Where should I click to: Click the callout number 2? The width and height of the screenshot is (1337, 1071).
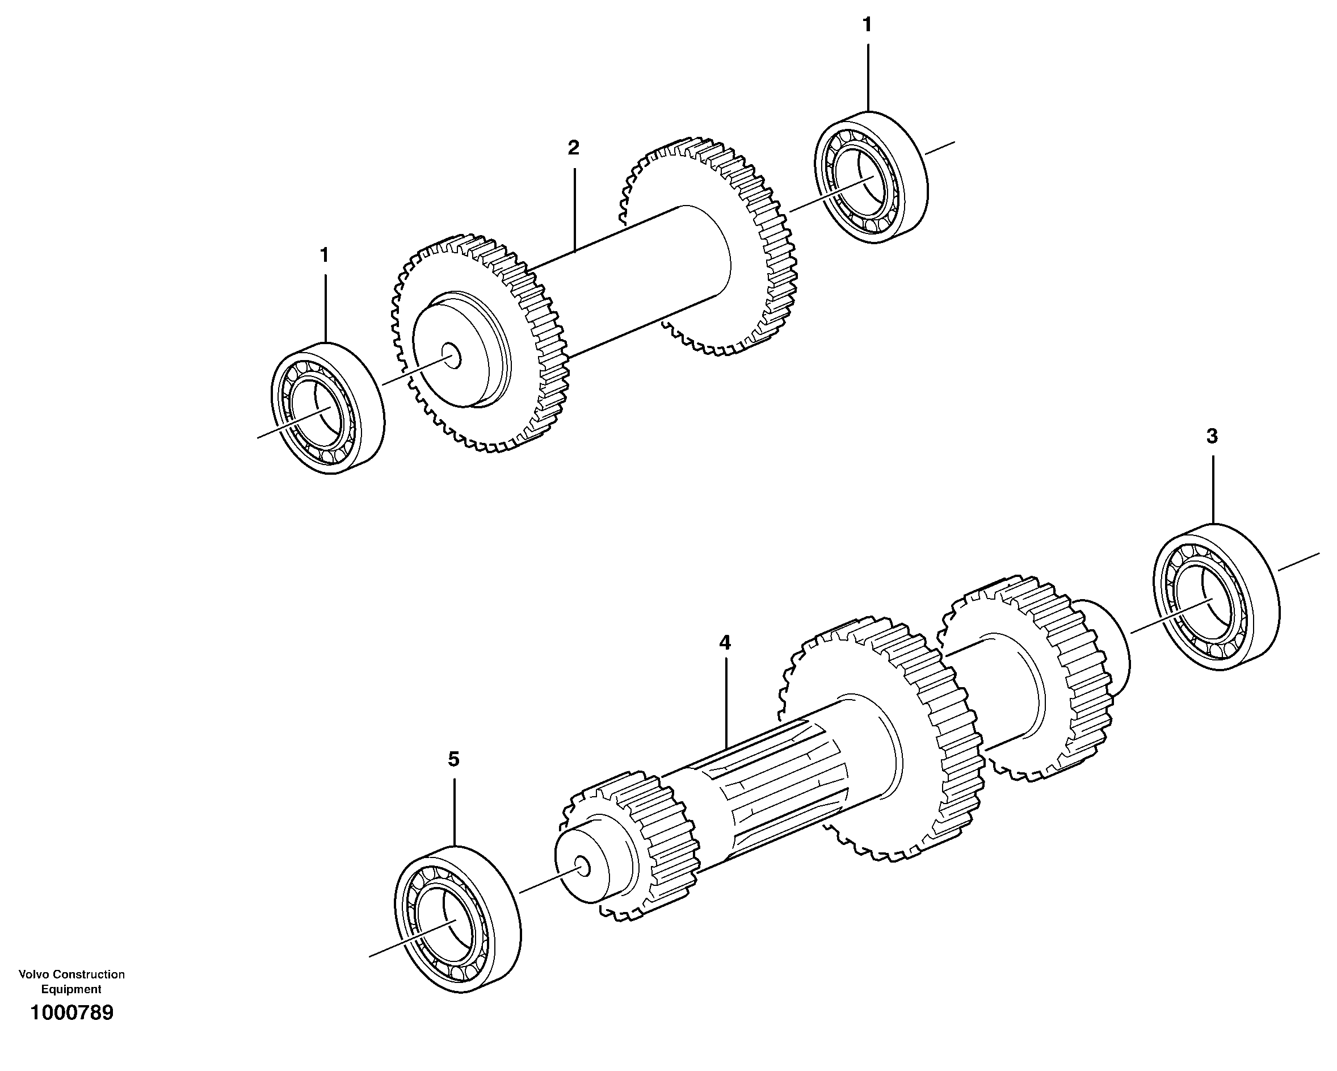[573, 148]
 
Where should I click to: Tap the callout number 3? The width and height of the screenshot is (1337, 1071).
[1212, 436]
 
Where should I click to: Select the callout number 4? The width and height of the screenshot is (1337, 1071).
[725, 643]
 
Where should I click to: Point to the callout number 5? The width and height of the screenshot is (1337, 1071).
[454, 759]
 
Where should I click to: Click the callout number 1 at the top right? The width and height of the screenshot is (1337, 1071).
[867, 25]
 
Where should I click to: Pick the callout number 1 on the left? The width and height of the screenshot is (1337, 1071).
[323, 255]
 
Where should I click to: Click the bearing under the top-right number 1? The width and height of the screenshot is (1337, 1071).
[871, 178]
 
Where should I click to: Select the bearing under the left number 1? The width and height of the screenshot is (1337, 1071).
[327, 408]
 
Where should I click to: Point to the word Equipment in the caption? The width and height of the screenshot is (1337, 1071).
[72, 990]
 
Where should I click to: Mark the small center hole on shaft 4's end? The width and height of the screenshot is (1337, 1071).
[583, 865]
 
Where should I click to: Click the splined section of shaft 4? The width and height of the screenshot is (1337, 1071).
[781, 785]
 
